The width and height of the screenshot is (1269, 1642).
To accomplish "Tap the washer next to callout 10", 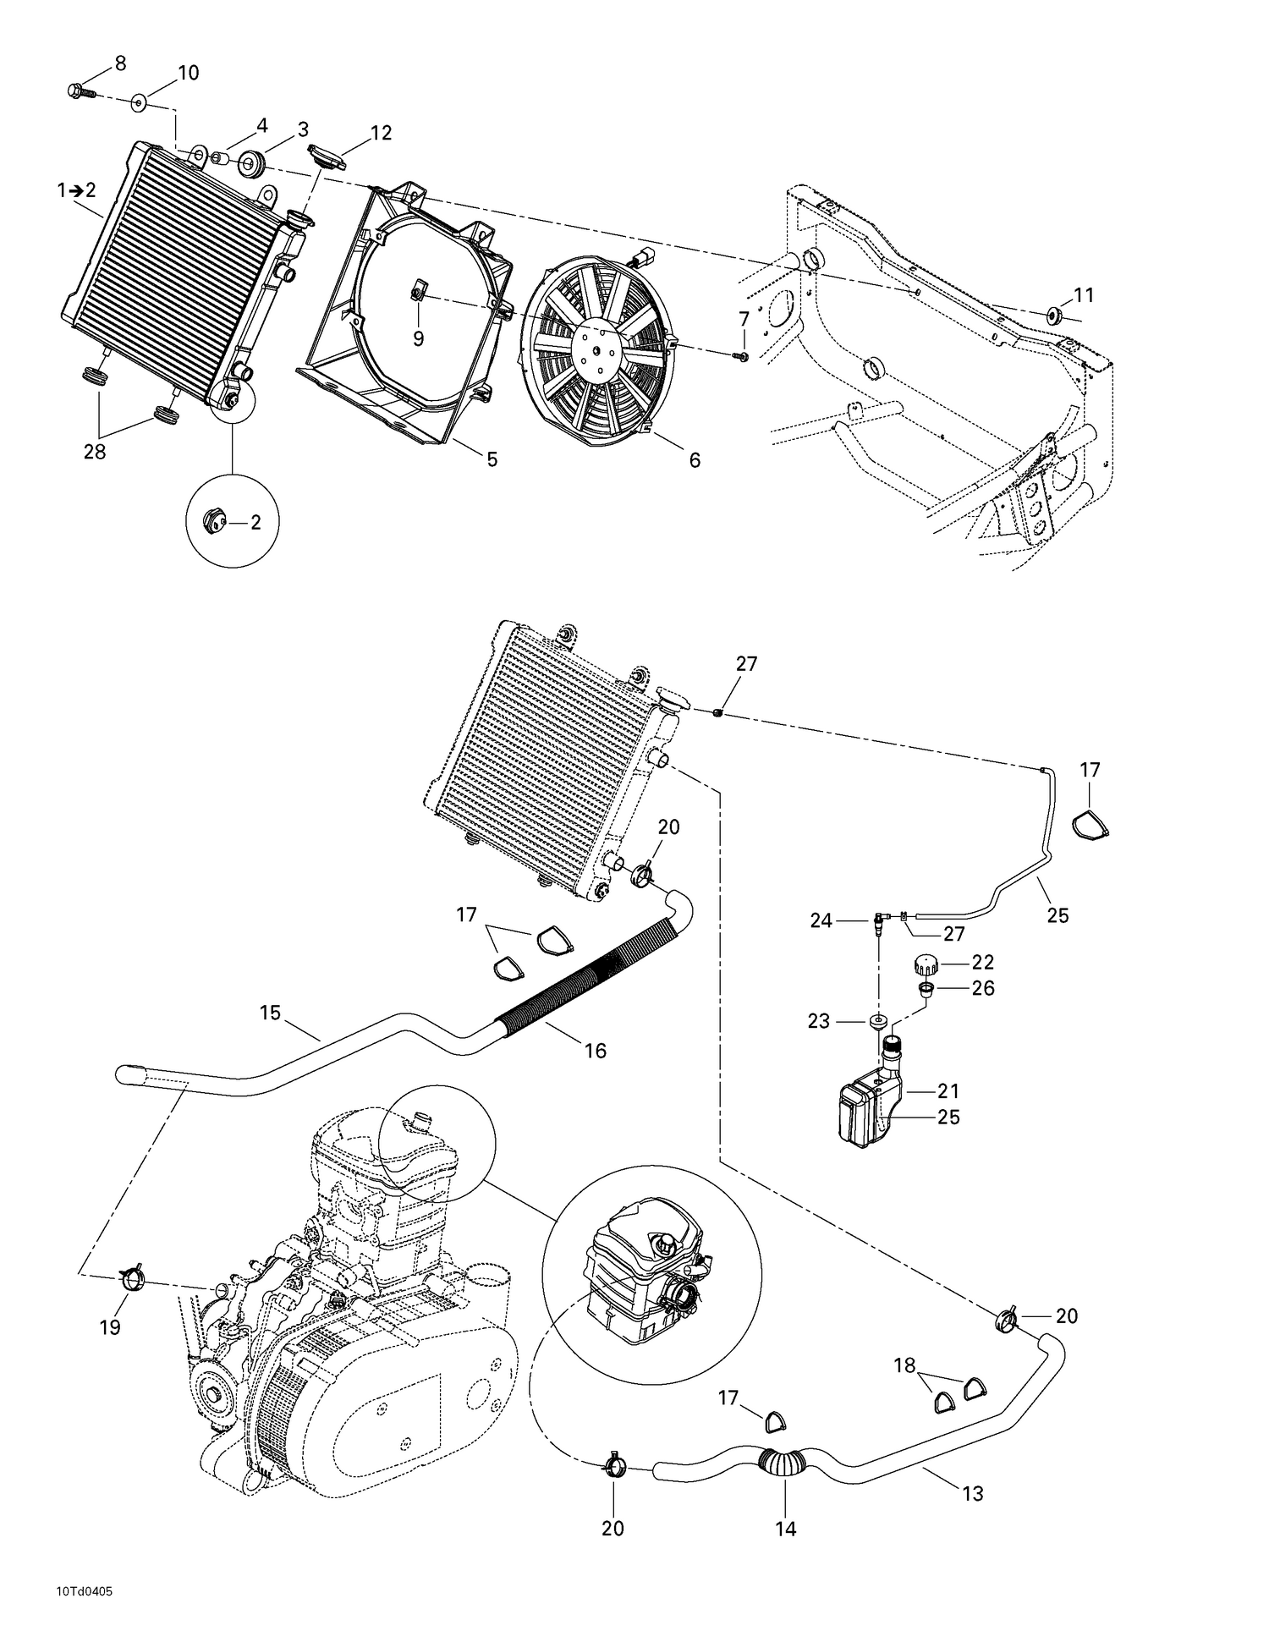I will pyautogui.click(x=138, y=103).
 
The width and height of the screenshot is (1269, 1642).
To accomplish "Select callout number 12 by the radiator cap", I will pyautogui.click(x=381, y=133).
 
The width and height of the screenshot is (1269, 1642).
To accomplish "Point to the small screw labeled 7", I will pyautogui.click(x=741, y=357).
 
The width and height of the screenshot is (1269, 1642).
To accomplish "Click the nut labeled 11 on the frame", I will pyautogui.click(x=1054, y=316).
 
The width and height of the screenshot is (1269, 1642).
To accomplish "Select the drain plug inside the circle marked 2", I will pyautogui.click(x=215, y=522).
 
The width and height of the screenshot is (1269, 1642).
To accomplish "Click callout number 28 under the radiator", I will pyautogui.click(x=95, y=452).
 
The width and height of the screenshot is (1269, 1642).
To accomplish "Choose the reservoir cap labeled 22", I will pyautogui.click(x=927, y=963).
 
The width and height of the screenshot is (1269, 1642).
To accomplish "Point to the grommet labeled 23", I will pyautogui.click(x=878, y=1021).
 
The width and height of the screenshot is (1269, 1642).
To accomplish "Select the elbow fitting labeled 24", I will pyautogui.click(x=881, y=920).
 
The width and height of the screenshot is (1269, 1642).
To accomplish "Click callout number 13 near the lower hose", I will pyautogui.click(x=973, y=1494).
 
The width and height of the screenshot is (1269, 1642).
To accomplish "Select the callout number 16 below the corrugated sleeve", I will pyautogui.click(x=596, y=1051).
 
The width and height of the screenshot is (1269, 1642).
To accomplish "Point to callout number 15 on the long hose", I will pyautogui.click(x=270, y=1013).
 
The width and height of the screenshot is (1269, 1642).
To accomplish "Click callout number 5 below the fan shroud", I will pyautogui.click(x=492, y=459).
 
